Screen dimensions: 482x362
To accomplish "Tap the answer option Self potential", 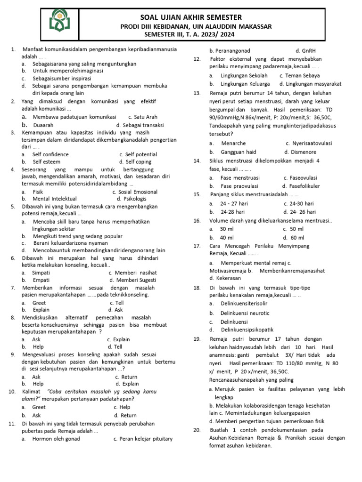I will point(138,154).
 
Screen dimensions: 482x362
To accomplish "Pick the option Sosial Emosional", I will point(135,192).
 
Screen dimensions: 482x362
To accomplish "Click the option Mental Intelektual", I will point(55,199).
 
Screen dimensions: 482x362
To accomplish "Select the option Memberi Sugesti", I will point(136,280).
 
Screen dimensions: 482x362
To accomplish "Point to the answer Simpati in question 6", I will point(41,273).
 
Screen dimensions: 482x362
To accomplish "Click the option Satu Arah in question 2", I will point(143,117).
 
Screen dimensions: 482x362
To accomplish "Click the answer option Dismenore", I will point(300,152).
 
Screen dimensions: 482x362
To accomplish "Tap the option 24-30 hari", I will point(299,204).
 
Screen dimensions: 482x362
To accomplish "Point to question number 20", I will point(197,430).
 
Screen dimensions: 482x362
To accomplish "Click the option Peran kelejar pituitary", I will point(143,439).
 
